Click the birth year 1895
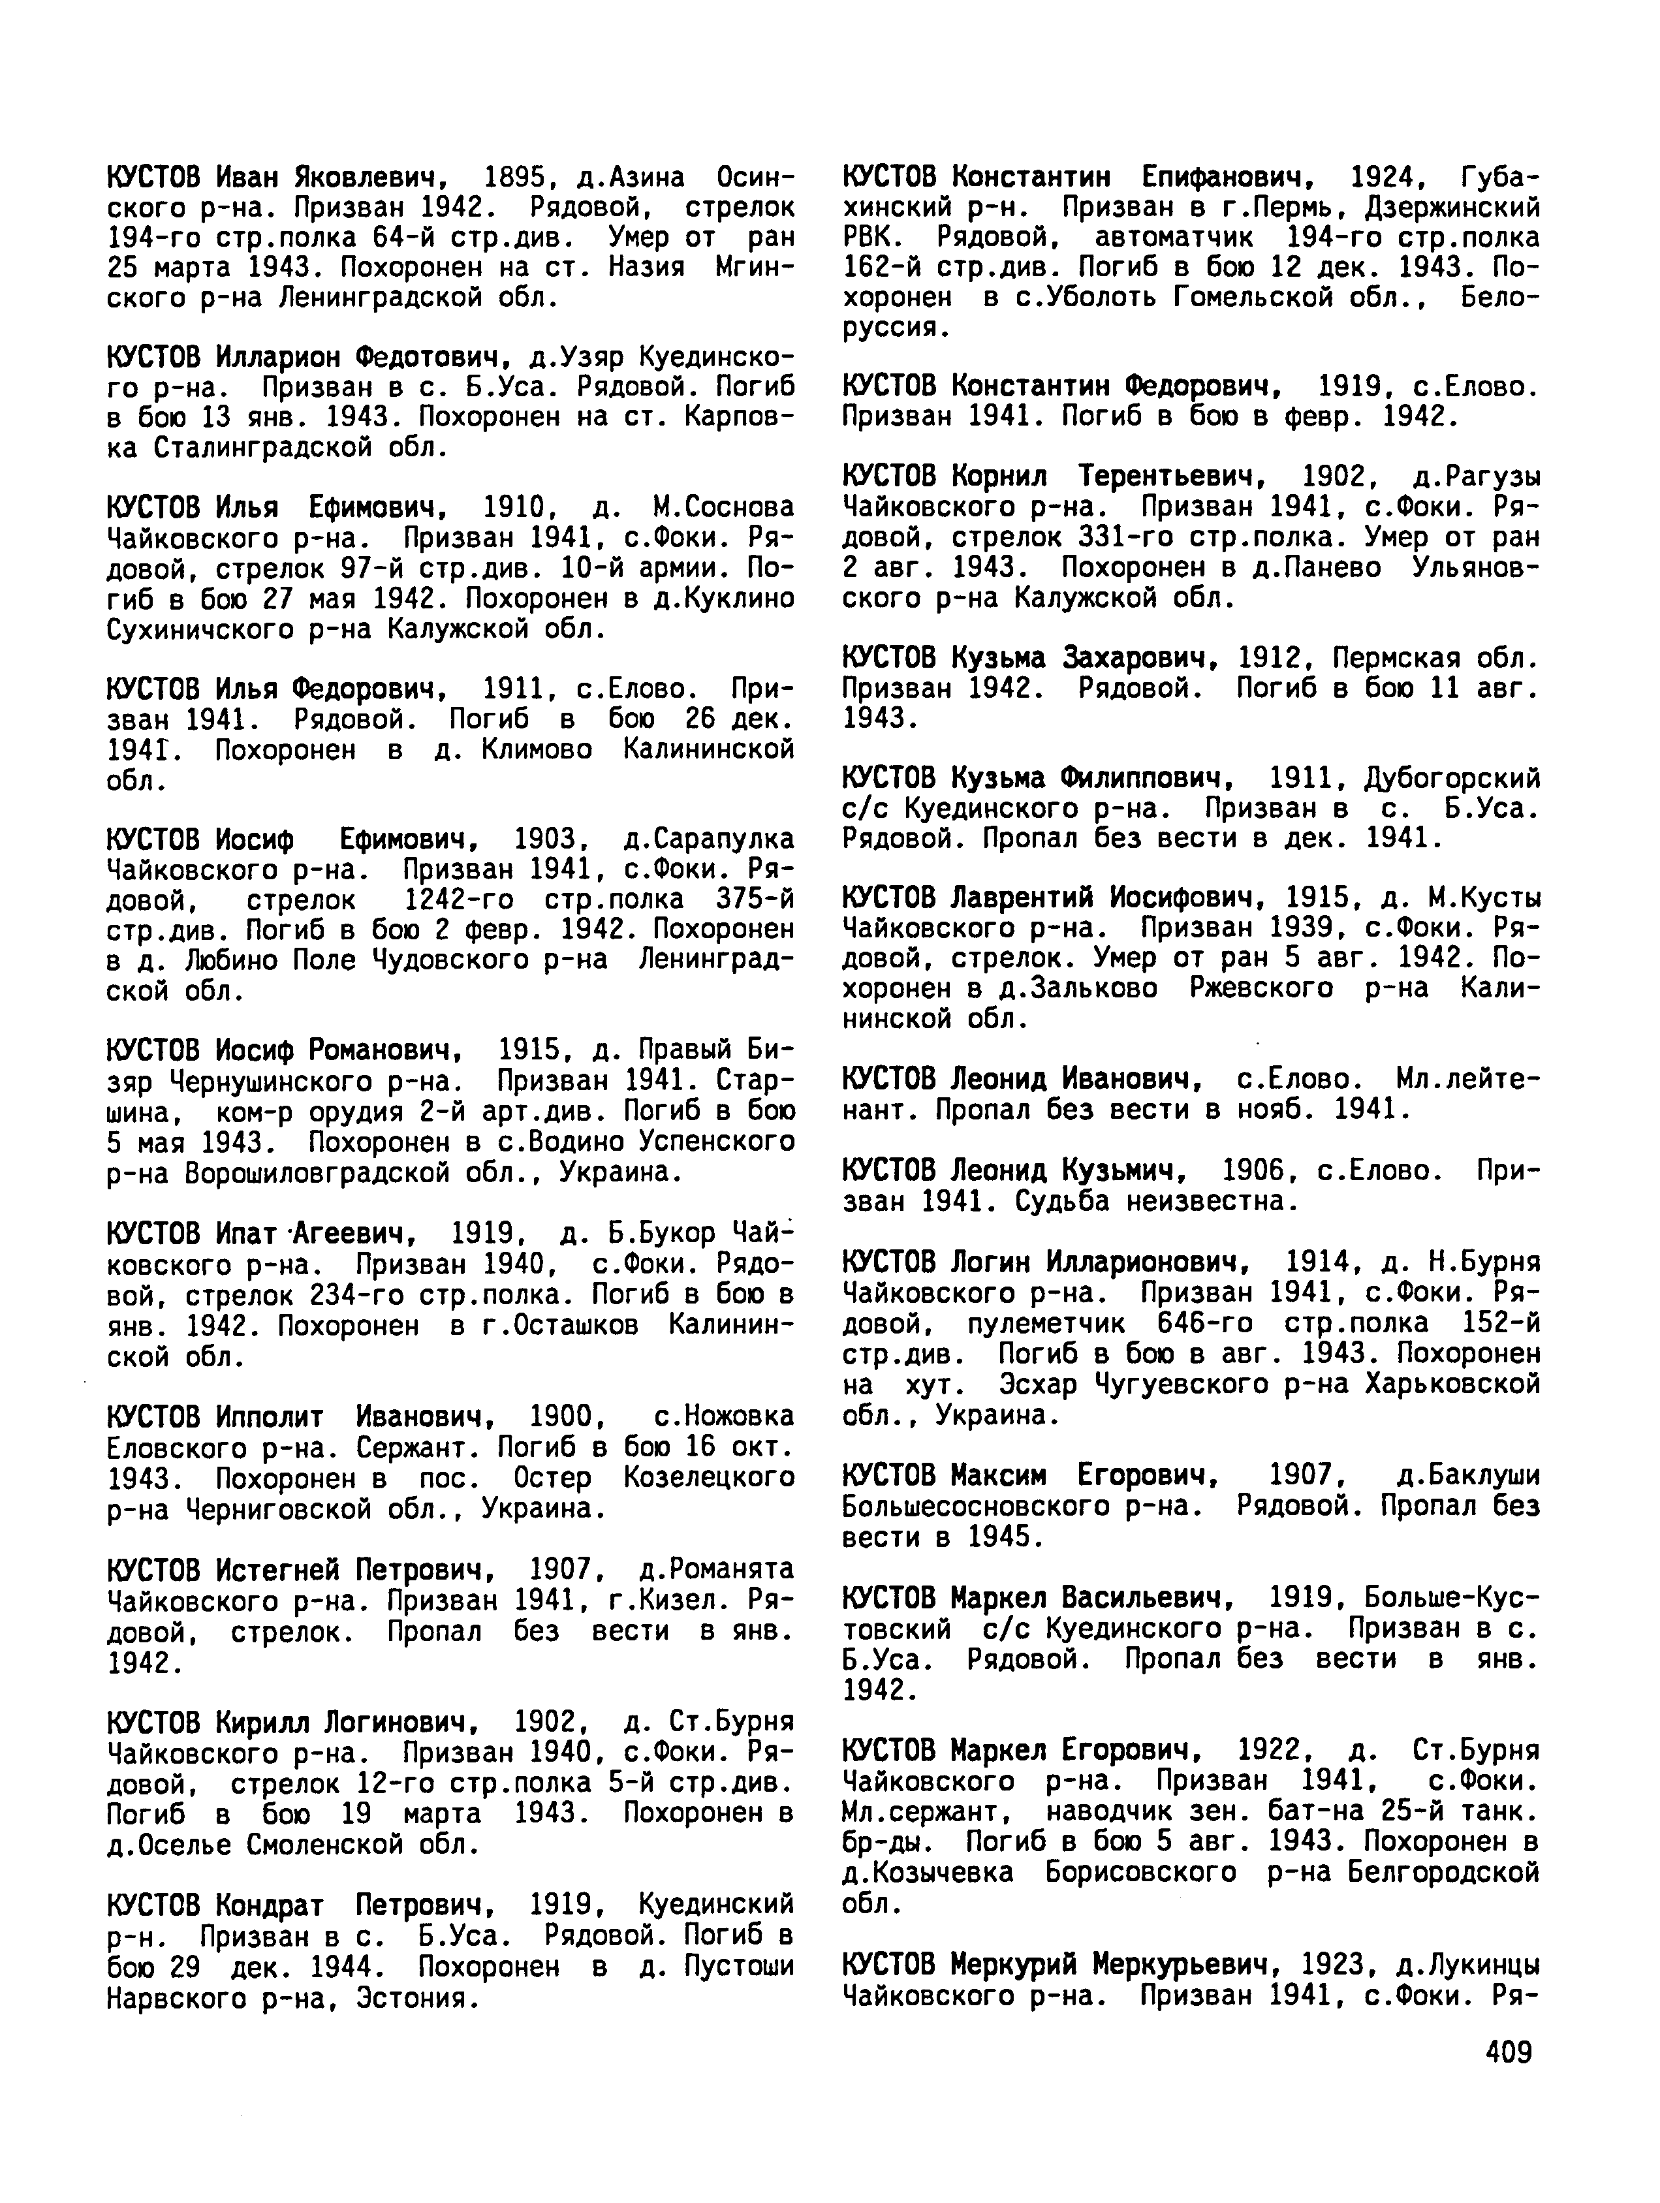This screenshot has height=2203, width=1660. [x=515, y=178]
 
